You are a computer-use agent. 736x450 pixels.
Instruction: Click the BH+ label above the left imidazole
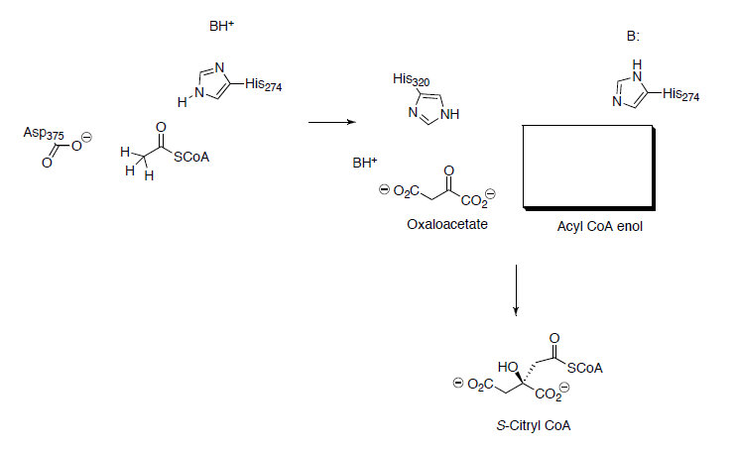(x=221, y=28)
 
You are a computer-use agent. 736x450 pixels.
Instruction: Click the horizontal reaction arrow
(x=331, y=123)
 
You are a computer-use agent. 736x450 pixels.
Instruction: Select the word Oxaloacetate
(x=439, y=224)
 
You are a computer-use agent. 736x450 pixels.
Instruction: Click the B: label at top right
(x=633, y=36)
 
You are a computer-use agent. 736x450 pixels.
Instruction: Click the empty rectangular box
(x=587, y=167)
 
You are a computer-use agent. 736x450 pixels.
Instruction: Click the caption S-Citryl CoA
(x=534, y=425)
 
